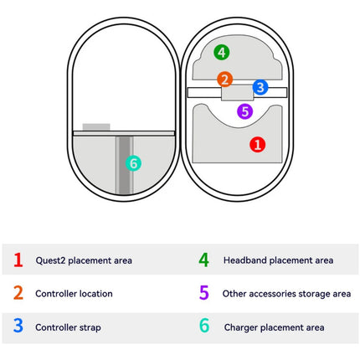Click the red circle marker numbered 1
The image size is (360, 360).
point(257,145)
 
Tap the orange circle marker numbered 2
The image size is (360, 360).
point(225,79)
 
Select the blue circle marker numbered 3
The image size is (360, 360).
point(260,87)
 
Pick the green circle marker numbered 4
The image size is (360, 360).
point(222,52)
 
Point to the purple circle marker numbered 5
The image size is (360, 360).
point(245,111)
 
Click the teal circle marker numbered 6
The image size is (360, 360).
point(133,163)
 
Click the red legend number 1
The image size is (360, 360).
point(18,260)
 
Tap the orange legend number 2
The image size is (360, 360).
point(18,292)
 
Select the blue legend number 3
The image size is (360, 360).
point(18,326)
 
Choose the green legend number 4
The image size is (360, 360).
point(204,260)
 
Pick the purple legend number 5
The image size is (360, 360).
point(204,292)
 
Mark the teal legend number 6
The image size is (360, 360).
point(204,326)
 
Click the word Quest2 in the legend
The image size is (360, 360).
point(50,260)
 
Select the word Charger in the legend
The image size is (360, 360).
point(241,327)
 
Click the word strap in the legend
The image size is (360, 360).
point(90,327)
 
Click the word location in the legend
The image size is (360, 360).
point(95,294)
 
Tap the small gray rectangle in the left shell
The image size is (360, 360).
point(96,127)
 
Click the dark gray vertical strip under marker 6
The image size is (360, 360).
point(125,165)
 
